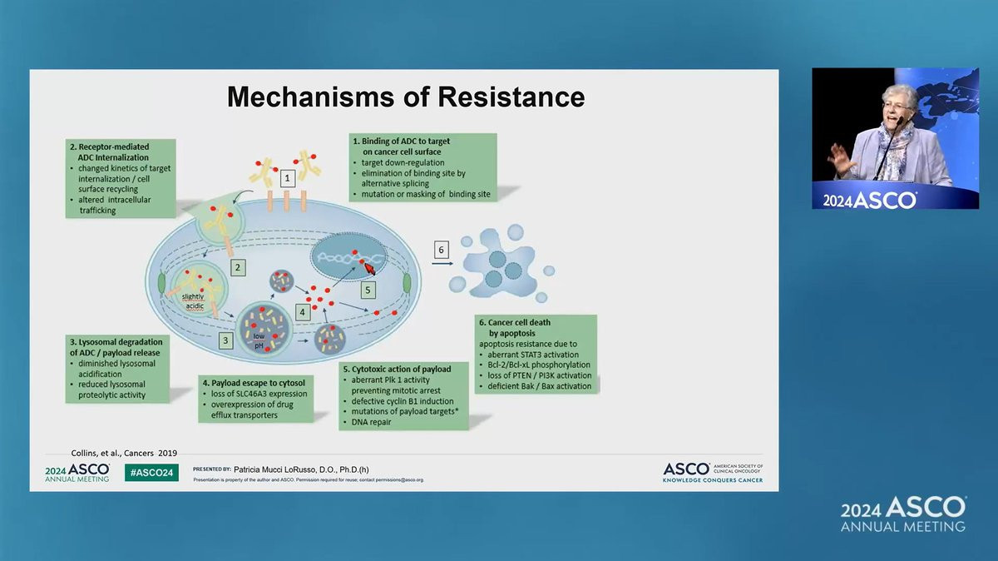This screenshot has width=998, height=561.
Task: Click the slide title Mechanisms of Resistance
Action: pos(406,97)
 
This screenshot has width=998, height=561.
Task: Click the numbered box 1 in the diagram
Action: pos(287,177)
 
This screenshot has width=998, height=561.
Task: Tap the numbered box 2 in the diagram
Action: pos(238,268)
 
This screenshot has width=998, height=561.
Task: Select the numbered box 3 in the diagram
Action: pos(225,340)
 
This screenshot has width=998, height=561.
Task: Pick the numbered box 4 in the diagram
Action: pos(304,311)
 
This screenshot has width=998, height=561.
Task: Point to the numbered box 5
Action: pos(368,289)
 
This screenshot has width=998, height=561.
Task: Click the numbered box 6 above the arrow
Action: pos(442,249)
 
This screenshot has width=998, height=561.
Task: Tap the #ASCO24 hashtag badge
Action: pos(151,473)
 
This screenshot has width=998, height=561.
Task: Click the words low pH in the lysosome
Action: pos(260,341)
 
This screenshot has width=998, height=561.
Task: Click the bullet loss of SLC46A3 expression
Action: pos(259,394)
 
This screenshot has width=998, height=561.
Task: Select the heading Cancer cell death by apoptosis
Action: pos(514,327)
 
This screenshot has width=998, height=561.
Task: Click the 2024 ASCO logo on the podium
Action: pos(869,200)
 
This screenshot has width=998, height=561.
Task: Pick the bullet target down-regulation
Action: pos(403,162)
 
